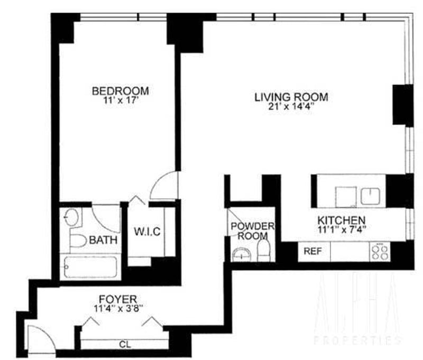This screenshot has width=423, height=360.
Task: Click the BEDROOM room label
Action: coord(121,91)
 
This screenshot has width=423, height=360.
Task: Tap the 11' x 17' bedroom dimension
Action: coord(121,100)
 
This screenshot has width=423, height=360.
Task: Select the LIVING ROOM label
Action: coord(291,97)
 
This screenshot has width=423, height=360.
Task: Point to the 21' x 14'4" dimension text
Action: coord(292,106)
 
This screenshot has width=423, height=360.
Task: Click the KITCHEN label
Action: coord(342,220)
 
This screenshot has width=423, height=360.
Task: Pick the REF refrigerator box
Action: coord(314,252)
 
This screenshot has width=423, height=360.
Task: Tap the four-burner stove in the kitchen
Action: coord(380,252)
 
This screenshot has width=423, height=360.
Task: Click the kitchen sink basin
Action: coord(370,196)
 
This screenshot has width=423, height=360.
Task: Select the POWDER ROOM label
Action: coord(253,231)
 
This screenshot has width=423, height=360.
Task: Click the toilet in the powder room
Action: coord(264,251)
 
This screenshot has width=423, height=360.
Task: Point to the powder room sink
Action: coord(242,255)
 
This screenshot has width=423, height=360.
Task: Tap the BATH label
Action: coord(103,239)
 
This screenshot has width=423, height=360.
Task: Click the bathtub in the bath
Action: coord(90,267)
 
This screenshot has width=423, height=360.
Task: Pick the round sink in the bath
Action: coord(72,217)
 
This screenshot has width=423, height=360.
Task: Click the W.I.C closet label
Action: coord(148,232)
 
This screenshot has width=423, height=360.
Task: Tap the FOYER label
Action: coord(118,299)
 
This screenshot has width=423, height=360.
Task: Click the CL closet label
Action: coord(125,344)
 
